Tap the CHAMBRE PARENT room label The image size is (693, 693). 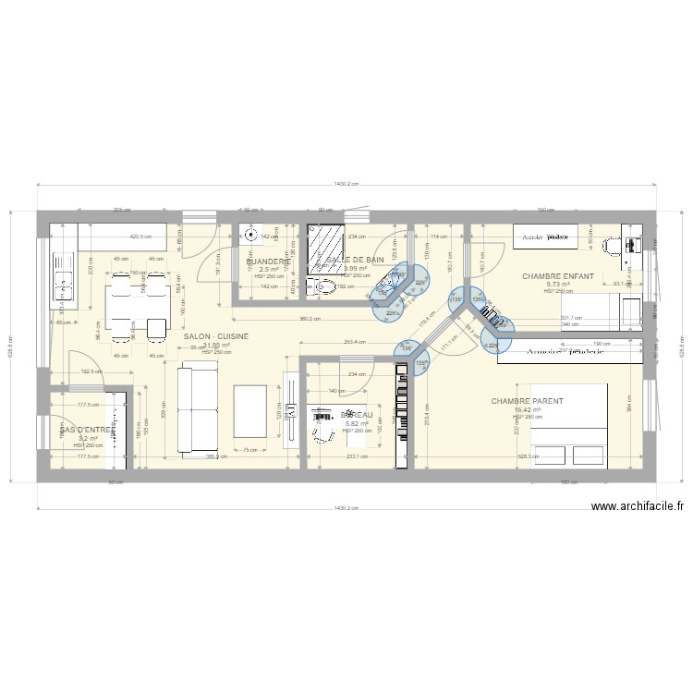[528, 401]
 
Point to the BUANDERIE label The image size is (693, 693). [269, 261]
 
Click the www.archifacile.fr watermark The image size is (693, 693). [637, 505]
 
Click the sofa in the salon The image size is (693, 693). [196, 410]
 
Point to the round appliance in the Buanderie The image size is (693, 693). [249, 235]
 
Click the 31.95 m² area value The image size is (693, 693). [216, 346]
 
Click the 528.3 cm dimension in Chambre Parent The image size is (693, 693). [529, 456]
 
